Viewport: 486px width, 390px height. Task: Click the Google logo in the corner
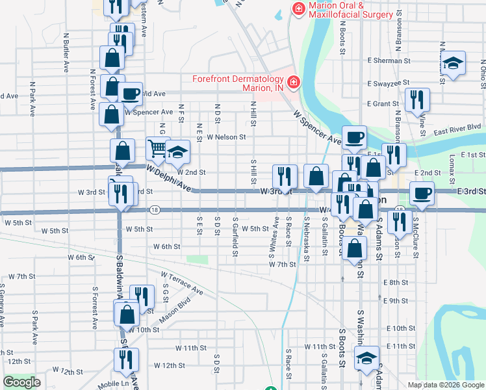(21, 382)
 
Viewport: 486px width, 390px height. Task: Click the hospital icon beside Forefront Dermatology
(293, 82)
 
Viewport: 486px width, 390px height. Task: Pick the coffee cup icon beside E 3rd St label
(422, 193)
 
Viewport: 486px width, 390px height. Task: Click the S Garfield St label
(235, 237)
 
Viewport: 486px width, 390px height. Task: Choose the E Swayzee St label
(388, 83)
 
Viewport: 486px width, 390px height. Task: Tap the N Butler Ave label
(66, 57)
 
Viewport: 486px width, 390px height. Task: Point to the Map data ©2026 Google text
(445, 385)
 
